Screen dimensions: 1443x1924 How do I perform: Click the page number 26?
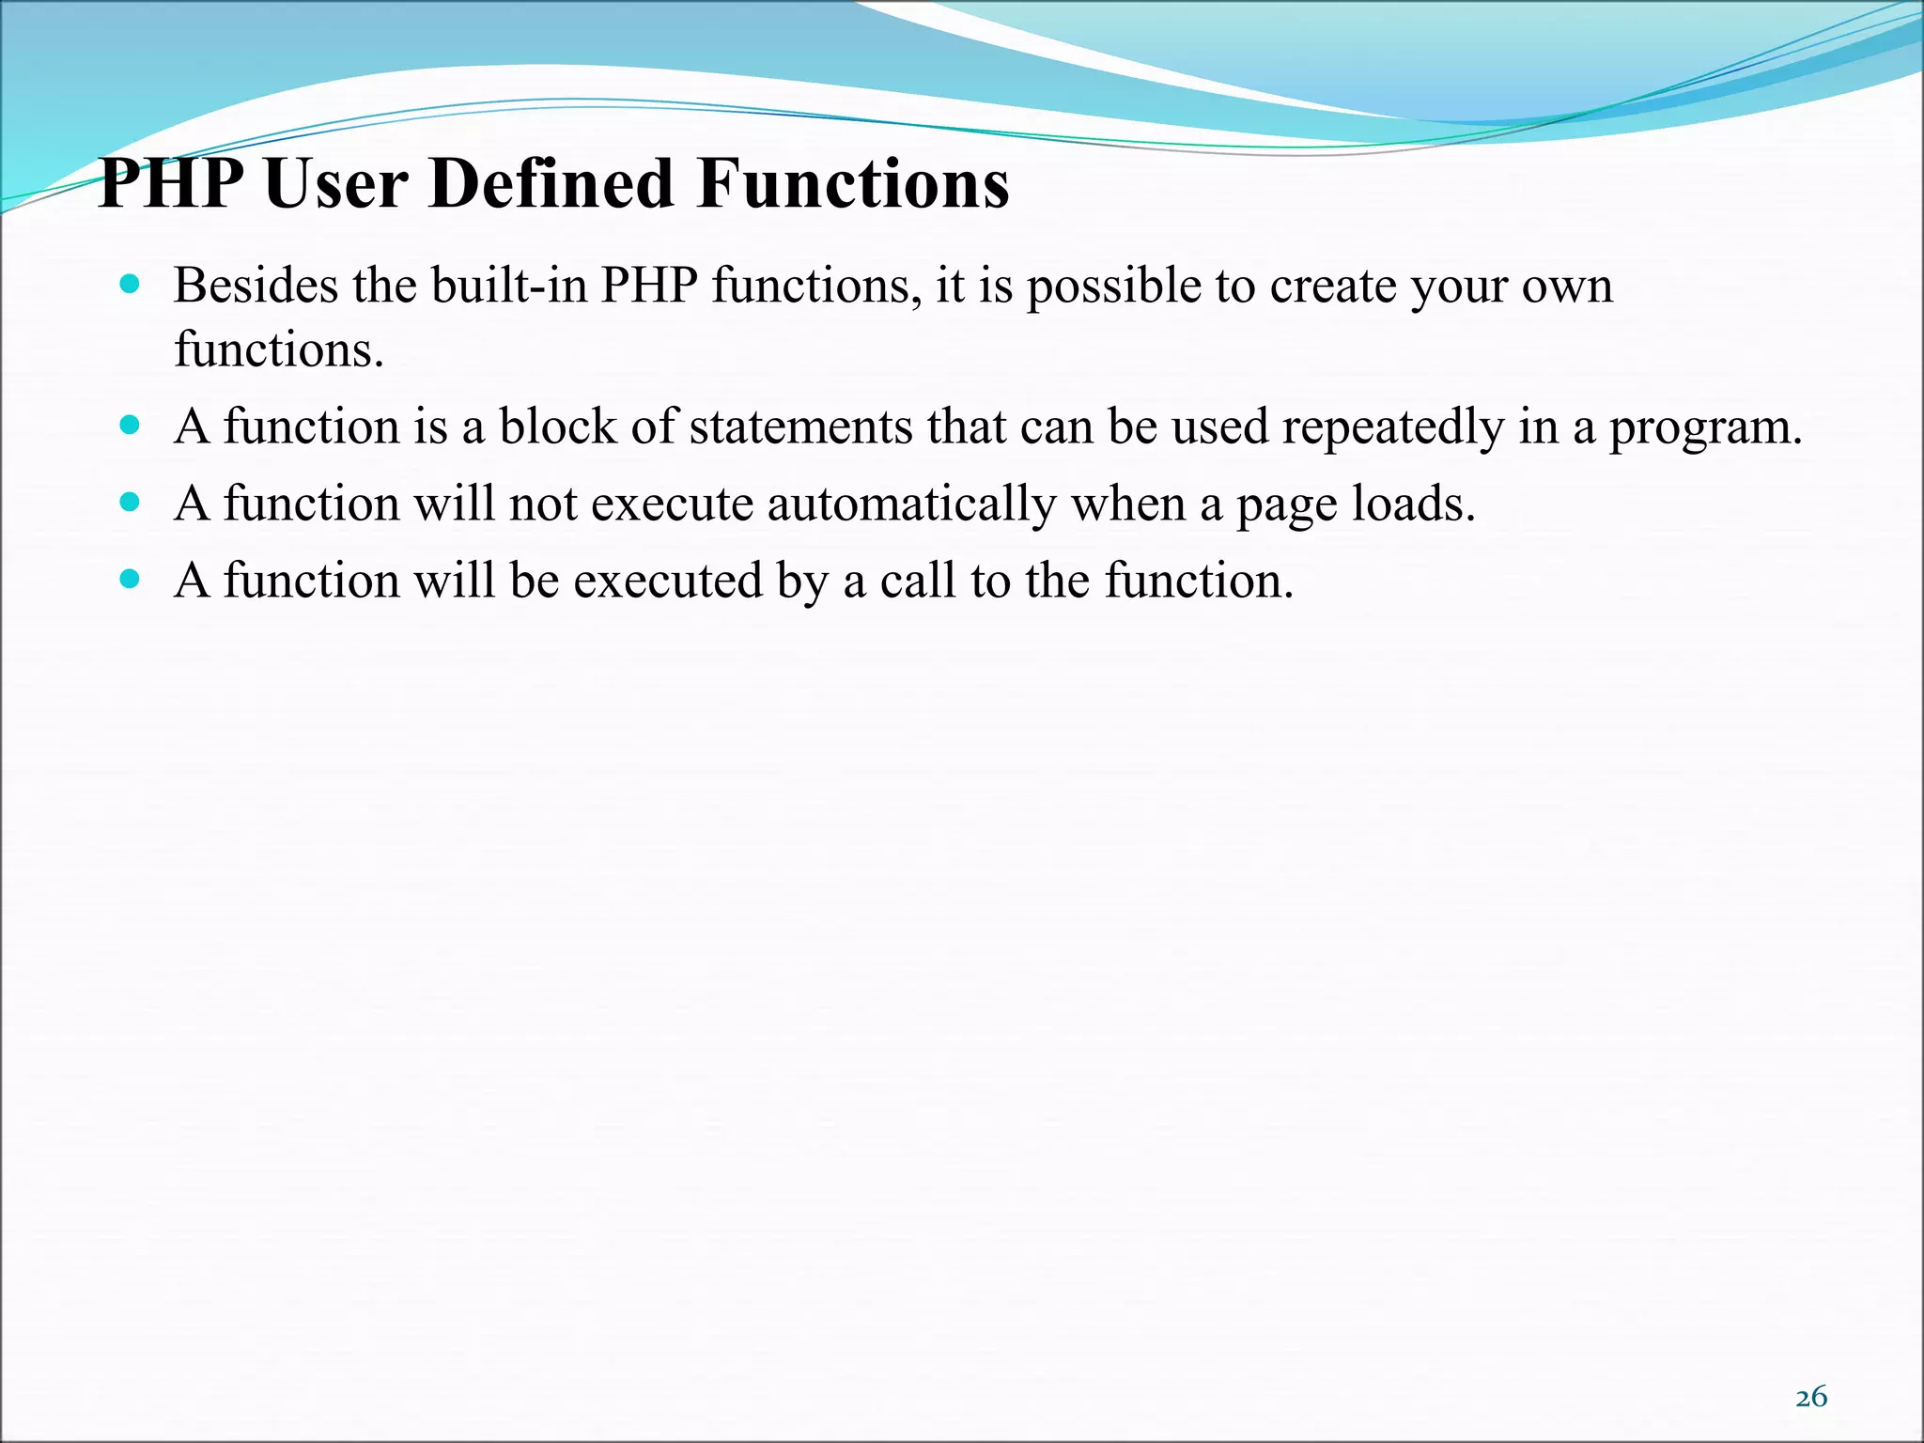point(1810,1397)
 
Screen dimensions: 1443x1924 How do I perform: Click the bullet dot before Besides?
point(131,283)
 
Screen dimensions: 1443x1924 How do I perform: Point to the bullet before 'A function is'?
point(131,425)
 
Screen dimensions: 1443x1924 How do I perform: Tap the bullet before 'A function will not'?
point(131,502)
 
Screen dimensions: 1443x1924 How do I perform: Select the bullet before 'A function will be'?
point(131,579)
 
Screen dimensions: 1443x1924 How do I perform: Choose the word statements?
point(800,427)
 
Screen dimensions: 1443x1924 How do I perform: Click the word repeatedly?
point(1393,428)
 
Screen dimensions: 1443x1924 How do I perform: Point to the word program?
point(1705,428)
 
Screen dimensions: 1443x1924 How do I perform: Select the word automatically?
point(911,505)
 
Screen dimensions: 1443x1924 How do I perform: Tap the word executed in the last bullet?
point(668,581)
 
